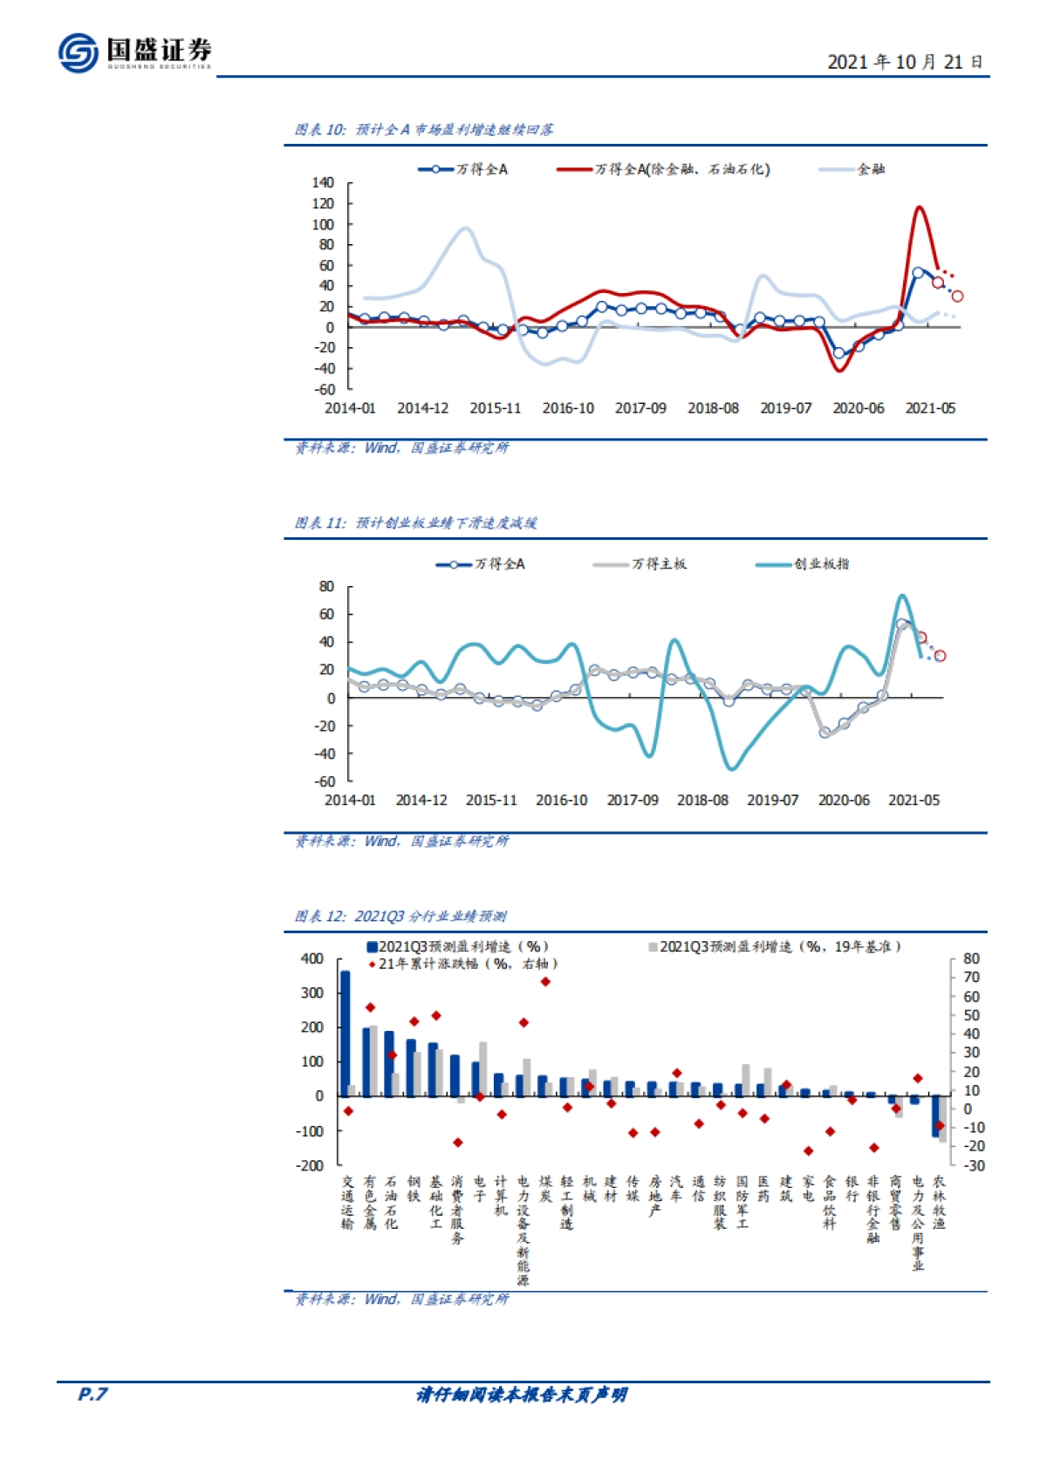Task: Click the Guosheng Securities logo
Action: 135,52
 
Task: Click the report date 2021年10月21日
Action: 904,62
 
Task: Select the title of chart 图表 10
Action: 424,130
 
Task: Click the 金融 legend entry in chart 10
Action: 853,169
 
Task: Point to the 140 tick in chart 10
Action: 323,182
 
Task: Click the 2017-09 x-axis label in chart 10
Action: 640,408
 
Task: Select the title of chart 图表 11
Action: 415,523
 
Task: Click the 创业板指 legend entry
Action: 803,564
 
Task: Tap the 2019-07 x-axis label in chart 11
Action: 772,800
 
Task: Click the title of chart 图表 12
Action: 400,917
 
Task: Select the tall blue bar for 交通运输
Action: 345,1034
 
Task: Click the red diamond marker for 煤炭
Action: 545,981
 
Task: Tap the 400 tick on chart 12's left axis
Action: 312,959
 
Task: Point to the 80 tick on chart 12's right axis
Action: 971,959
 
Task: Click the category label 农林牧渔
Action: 939,1203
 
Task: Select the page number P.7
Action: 92,1395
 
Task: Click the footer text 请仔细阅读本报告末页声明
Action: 522,1396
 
